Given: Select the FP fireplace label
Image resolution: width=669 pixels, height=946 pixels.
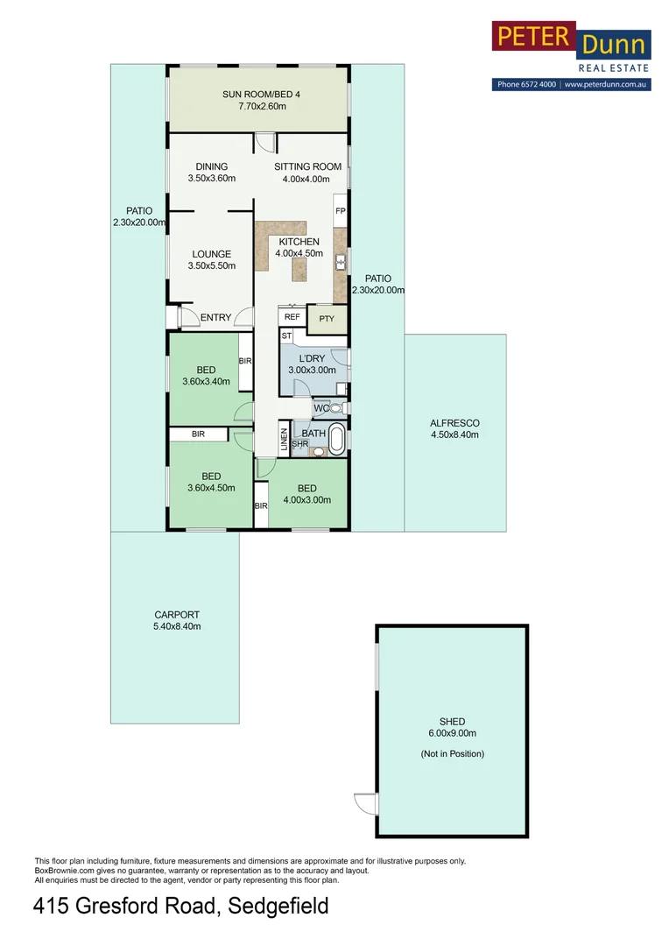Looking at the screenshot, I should point(340,211).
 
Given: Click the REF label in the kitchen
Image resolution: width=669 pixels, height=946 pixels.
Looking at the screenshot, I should point(292,317).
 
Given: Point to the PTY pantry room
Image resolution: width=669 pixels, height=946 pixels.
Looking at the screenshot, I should point(327,319).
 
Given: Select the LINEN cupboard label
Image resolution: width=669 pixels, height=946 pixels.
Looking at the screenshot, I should point(284,438).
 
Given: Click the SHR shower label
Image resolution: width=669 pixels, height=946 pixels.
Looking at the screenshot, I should point(299,444).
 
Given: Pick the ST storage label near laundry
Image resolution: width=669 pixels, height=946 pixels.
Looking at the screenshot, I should point(285,335).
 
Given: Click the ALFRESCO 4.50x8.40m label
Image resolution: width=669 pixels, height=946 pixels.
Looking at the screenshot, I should point(454,428).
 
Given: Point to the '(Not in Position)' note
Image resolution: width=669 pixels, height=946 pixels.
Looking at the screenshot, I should point(452,753).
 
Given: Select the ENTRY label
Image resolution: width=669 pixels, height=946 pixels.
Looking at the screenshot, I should point(215,317).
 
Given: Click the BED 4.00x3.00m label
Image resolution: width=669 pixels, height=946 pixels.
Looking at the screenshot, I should point(306,494).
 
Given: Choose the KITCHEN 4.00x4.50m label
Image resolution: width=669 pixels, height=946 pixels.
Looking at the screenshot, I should point(299,248).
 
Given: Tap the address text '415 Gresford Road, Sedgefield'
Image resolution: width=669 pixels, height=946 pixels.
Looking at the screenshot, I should point(181,906).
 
